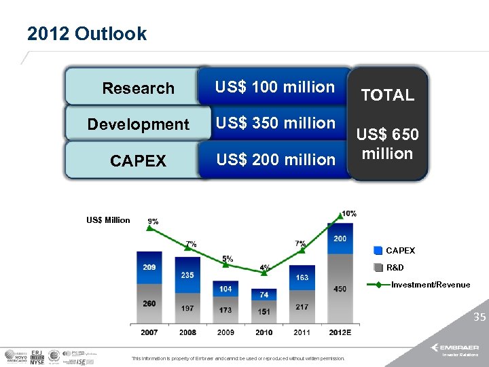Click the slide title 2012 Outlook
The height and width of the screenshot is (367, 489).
tap(87, 33)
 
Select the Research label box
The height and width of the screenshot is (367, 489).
tap(138, 88)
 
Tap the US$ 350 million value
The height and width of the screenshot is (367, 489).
tap(275, 123)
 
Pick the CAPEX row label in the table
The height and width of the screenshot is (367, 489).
tap(138, 161)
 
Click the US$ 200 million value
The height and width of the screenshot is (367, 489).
tap(275, 160)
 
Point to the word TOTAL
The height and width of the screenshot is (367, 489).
tap(387, 96)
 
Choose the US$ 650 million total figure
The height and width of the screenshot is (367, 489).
tap(387, 144)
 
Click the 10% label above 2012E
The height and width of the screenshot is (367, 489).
tap(348, 213)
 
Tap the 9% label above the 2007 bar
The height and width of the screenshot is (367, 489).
tap(153, 222)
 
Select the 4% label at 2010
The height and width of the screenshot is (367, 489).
tap(264, 268)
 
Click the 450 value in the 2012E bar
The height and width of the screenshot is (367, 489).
tap(340, 289)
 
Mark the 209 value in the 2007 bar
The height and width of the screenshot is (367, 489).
tap(149, 267)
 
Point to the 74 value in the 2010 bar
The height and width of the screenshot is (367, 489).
tap(264, 294)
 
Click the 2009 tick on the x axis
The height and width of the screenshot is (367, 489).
tap(225, 332)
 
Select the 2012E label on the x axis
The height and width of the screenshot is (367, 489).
tap(340, 332)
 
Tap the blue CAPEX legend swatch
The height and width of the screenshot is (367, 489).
tap(378, 251)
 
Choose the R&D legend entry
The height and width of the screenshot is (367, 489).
tap(395, 268)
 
